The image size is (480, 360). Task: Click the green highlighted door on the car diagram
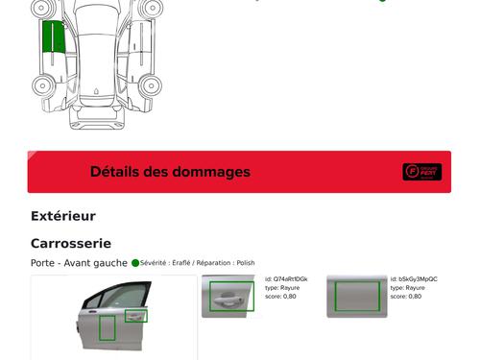[54, 37]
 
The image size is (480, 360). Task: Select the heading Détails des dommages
[170, 172]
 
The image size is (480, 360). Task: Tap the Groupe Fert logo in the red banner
[421, 172]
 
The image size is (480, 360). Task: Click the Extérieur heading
[63, 216]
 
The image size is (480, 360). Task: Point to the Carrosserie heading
[71, 244]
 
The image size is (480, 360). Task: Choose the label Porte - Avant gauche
[79, 262]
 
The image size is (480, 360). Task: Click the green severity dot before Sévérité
[135, 262]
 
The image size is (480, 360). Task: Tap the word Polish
[246, 262]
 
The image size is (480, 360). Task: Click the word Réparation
[215, 262]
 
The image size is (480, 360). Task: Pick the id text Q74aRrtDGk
[290, 279]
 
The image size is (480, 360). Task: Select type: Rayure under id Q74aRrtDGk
[283, 288]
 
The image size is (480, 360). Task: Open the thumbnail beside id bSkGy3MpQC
[355, 296]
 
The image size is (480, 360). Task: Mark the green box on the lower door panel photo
[107, 327]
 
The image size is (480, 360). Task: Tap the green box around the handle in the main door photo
[136, 316]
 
